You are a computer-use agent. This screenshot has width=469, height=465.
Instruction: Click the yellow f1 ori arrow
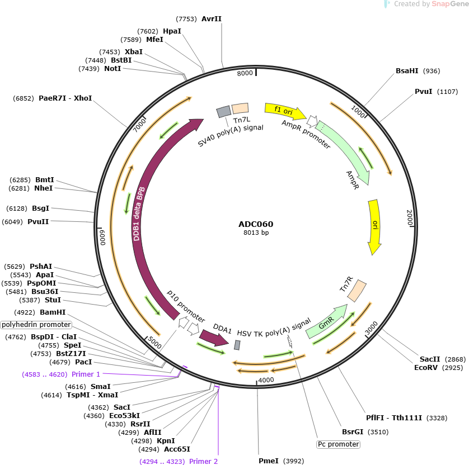pyautogui.click(x=284, y=111)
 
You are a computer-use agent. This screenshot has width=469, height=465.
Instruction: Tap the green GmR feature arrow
pyautogui.click(x=327, y=322)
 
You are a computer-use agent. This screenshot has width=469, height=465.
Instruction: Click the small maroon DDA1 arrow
pyautogui.click(x=214, y=338)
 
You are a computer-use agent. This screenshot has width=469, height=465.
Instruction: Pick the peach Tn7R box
pyautogui.click(x=357, y=290)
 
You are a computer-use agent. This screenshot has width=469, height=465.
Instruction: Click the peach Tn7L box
pyautogui.click(x=240, y=108)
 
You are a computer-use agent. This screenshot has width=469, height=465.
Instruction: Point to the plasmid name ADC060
pyautogui.click(x=256, y=224)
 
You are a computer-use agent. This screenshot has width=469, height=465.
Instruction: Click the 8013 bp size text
pyautogui.click(x=256, y=232)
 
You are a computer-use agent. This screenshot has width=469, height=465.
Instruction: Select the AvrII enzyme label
pyautogui.click(x=212, y=19)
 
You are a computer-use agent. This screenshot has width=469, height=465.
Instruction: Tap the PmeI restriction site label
pyautogui.click(x=268, y=461)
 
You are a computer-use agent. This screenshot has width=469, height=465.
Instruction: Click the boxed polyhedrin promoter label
pyautogui.click(x=36, y=325)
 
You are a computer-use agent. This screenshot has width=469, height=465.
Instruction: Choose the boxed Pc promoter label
pyautogui.click(x=338, y=444)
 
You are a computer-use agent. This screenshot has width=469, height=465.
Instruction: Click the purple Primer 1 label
pyautogui.click(x=86, y=374)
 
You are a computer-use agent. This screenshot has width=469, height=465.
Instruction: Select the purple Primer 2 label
pyautogui.click(x=203, y=462)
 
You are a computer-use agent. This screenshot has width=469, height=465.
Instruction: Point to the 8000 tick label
pyautogui.click(x=245, y=73)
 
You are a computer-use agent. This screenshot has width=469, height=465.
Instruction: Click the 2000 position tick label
pyautogui.click(x=410, y=217)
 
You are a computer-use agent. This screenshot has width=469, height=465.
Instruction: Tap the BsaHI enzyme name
pyautogui.click(x=407, y=71)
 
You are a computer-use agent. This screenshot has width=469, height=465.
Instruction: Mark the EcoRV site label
pyautogui.click(x=426, y=367)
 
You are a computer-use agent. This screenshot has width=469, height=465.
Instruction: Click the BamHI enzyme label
pyautogui.click(x=53, y=312)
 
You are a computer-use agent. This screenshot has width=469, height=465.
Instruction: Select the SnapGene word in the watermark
pyautogui.click(x=450, y=4)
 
